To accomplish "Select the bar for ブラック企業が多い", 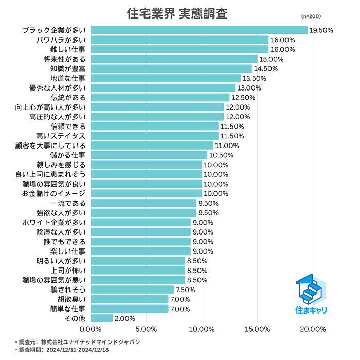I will click(199, 30).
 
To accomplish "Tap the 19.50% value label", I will click(321, 30).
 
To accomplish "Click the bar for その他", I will click(102, 318).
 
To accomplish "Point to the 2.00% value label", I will click(125, 318).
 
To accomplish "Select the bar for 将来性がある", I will click(174, 59).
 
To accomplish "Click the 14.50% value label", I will click(266, 69).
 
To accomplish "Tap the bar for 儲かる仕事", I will click(149, 155).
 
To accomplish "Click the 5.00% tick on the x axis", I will click(147, 329).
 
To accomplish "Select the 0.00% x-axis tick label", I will click(91, 329).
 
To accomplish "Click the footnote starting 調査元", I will click(77, 341).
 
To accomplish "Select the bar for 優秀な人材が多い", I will click(163, 88).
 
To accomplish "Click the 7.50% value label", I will click(186, 290).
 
